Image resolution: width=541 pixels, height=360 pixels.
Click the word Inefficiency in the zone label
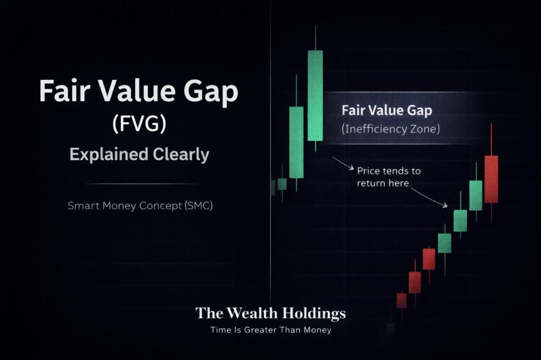click(x=375, y=128)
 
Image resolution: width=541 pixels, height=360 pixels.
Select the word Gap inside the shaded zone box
click(x=417, y=110)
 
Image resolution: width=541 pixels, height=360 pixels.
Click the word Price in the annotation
click(x=369, y=172)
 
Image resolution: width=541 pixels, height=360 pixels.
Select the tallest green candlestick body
click(x=315, y=96)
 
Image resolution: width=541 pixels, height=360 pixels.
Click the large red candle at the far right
click(x=491, y=179)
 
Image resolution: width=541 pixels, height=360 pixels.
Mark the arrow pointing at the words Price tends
click(x=343, y=164)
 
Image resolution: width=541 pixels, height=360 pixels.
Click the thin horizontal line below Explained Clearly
click(x=141, y=184)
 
